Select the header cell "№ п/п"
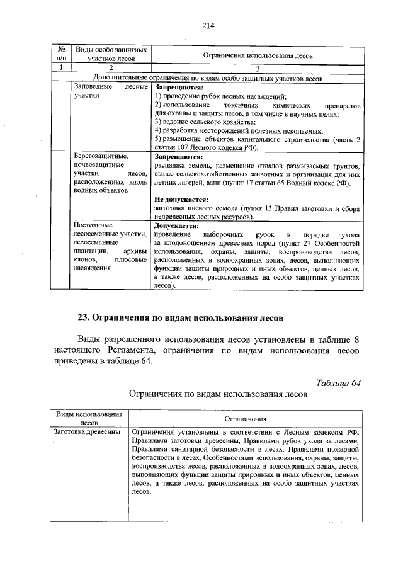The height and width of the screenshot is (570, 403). (62, 54)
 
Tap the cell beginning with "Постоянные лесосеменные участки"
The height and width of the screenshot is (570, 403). (111, 246)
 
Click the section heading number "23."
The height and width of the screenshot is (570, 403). (85, 316)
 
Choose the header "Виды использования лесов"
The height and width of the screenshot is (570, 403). (89, 418)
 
